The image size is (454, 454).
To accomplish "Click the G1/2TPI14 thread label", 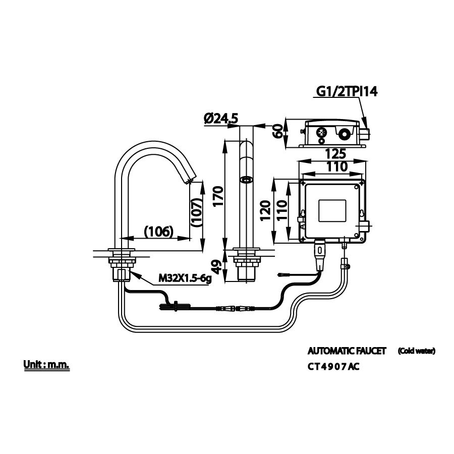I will click(x=347, y=91).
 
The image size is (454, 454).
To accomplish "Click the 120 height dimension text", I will click(x=264, y=210).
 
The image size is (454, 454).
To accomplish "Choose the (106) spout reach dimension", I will click(x=159, y=231).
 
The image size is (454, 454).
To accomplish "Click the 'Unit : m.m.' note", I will click(x=46, y=364).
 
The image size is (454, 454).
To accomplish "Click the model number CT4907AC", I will click(x=333, y=367).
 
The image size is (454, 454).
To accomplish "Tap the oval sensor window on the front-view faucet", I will click(x=247, y=179).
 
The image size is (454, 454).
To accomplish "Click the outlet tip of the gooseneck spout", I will click(x=189, y=180).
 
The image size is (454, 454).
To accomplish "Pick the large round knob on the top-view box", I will click(x=344, y=135).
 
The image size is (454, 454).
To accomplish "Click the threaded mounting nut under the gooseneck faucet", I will click(x=122, y=263).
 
